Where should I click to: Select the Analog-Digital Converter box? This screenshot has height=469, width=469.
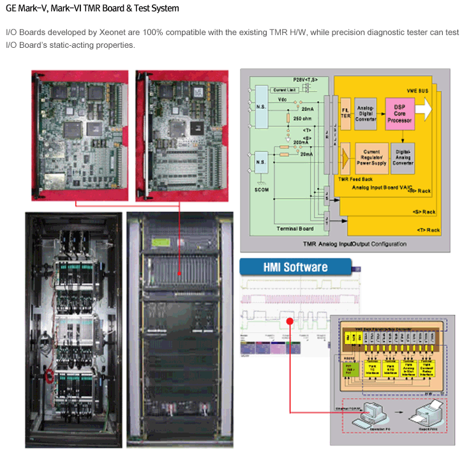tap(366, 113)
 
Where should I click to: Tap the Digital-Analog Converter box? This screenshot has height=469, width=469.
tap(402, 158)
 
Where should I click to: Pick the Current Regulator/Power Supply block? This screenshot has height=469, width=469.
tap(371, 158)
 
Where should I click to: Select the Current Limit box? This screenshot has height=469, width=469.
tap(285, 91)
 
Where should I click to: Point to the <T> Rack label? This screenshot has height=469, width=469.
tap(428, 230)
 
